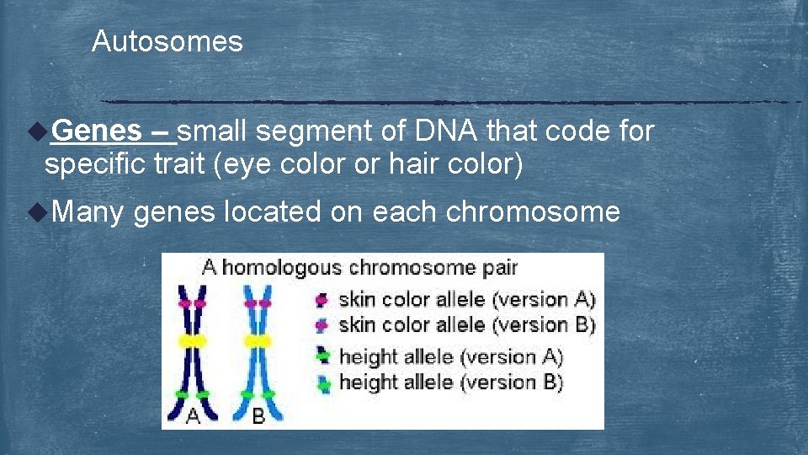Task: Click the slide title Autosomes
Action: [x=167, y=41]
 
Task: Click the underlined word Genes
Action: [x=97, y=131]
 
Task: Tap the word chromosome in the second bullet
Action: [x=532, y=211]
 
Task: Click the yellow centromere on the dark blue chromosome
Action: [x=193, y=340]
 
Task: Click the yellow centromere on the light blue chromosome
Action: [x=257, y=340]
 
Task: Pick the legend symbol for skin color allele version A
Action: [x=322, y=299]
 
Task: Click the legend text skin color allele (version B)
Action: [x=466, y=324]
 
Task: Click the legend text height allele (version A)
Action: [x=450, y=356]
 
